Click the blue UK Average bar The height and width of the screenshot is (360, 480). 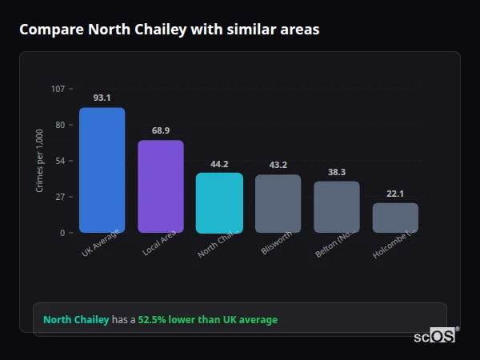(102, 170)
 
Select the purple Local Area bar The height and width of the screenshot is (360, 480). (161, 186)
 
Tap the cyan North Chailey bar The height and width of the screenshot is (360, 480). (219, 203)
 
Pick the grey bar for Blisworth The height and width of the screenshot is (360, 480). (278, 204)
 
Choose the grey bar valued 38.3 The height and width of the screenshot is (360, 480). (336, 207)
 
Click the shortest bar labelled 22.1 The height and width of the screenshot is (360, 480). (395, 218)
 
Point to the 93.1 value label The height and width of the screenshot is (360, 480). (102, 98)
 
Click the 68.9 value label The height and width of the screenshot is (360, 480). (161, 130)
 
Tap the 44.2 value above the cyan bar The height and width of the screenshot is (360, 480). (219, 163)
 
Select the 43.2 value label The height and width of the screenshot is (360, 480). (278, 165)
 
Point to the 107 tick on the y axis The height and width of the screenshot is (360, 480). (58, 89)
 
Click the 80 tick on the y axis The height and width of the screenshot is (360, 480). (59, 125)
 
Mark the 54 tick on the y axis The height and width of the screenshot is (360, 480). (59, 161)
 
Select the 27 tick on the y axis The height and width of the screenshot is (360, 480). (59, 197)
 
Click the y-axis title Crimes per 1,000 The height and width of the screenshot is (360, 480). (40, 160)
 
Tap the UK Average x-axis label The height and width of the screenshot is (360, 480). (101, 244)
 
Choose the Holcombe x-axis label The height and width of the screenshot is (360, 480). (395, 245)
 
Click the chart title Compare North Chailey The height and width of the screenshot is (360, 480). (169, 30)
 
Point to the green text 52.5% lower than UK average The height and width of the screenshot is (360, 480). (207, 320)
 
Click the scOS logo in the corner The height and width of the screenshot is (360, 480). (435, 336)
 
